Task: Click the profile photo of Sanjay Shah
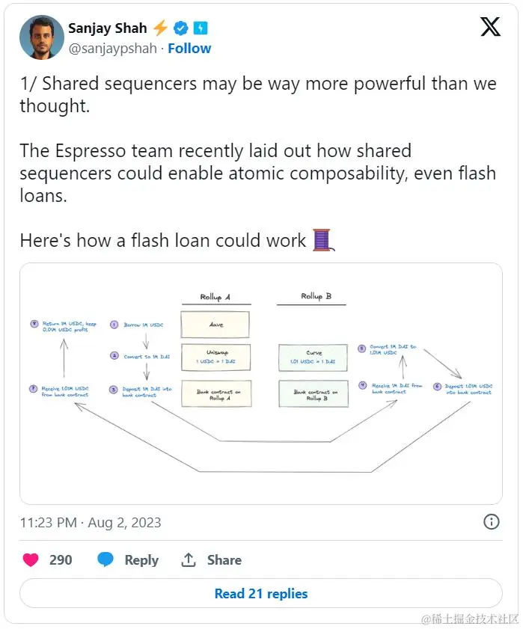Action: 42,37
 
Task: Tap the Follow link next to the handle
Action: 189,48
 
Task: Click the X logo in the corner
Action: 490,28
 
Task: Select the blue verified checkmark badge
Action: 180,28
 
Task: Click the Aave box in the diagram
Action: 215,325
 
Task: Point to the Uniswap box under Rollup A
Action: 215,358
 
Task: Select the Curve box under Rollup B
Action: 314,358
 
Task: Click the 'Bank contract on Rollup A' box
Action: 215,393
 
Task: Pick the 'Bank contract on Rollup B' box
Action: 314,393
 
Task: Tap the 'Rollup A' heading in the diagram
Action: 215,297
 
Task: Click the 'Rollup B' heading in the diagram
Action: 316,296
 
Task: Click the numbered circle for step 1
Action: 114,325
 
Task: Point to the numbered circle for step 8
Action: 34,324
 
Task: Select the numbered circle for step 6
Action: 437,387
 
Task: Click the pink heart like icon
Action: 31,559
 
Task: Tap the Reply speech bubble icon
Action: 106,559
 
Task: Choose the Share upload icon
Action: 189,559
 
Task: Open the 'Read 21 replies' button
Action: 260,594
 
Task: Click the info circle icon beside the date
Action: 491,522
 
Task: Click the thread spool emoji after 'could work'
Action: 322,240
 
